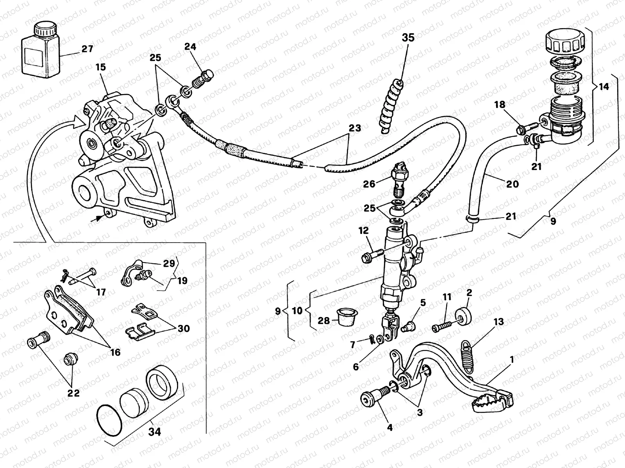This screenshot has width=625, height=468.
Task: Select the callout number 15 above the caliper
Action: (100, 67)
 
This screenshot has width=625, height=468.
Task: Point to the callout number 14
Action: (604, 87)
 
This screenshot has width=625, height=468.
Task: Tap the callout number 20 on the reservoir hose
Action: (512, 184)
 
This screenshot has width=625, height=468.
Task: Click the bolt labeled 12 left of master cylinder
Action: (370, 256)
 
